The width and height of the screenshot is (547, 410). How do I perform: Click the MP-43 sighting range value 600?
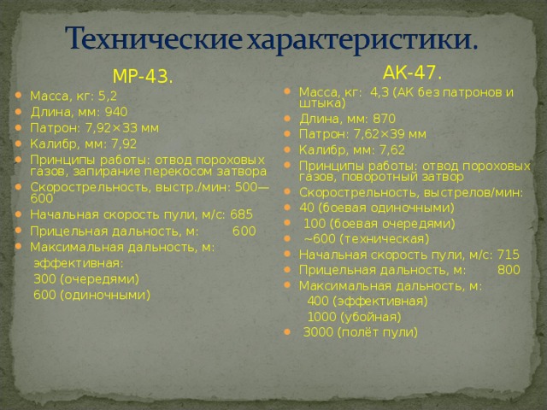click(x=244, y=231)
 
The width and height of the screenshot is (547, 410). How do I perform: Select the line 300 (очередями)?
click(x=85, y=278)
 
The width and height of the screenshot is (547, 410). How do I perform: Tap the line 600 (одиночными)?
click(x=91, y=295)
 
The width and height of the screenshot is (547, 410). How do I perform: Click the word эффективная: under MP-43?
click(x=79, y=263)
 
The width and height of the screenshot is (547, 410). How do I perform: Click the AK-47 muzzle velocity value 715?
click(x=507, y=254)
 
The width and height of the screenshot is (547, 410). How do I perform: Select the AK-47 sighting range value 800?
click(x=509, y=270)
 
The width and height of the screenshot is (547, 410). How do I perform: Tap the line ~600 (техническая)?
click(x=367, y=238)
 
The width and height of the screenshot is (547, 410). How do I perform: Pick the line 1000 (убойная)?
click(x=353, y=316)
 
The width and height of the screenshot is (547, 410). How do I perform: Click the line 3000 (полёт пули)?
click(x=360, y=331)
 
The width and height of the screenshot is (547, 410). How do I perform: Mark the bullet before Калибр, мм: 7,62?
click(x=291, y=151)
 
